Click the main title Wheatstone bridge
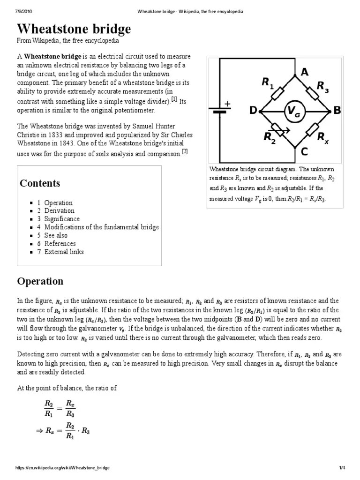coord(74,30)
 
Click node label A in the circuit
coord(305,72)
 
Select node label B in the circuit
coord(337,111)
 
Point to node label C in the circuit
coord(304,151)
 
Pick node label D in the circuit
coord(253,111)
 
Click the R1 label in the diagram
coord(268,83)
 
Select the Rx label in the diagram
coord(322,137)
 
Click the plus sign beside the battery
coord(228,104)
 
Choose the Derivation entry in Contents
coord(59,211)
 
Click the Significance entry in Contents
coord(62,219)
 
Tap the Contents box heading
coord(40,183)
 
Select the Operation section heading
coord(40,281)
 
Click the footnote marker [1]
coord(174,99)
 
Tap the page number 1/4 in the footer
coord(342,468)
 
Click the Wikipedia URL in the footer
coord(63,468)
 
